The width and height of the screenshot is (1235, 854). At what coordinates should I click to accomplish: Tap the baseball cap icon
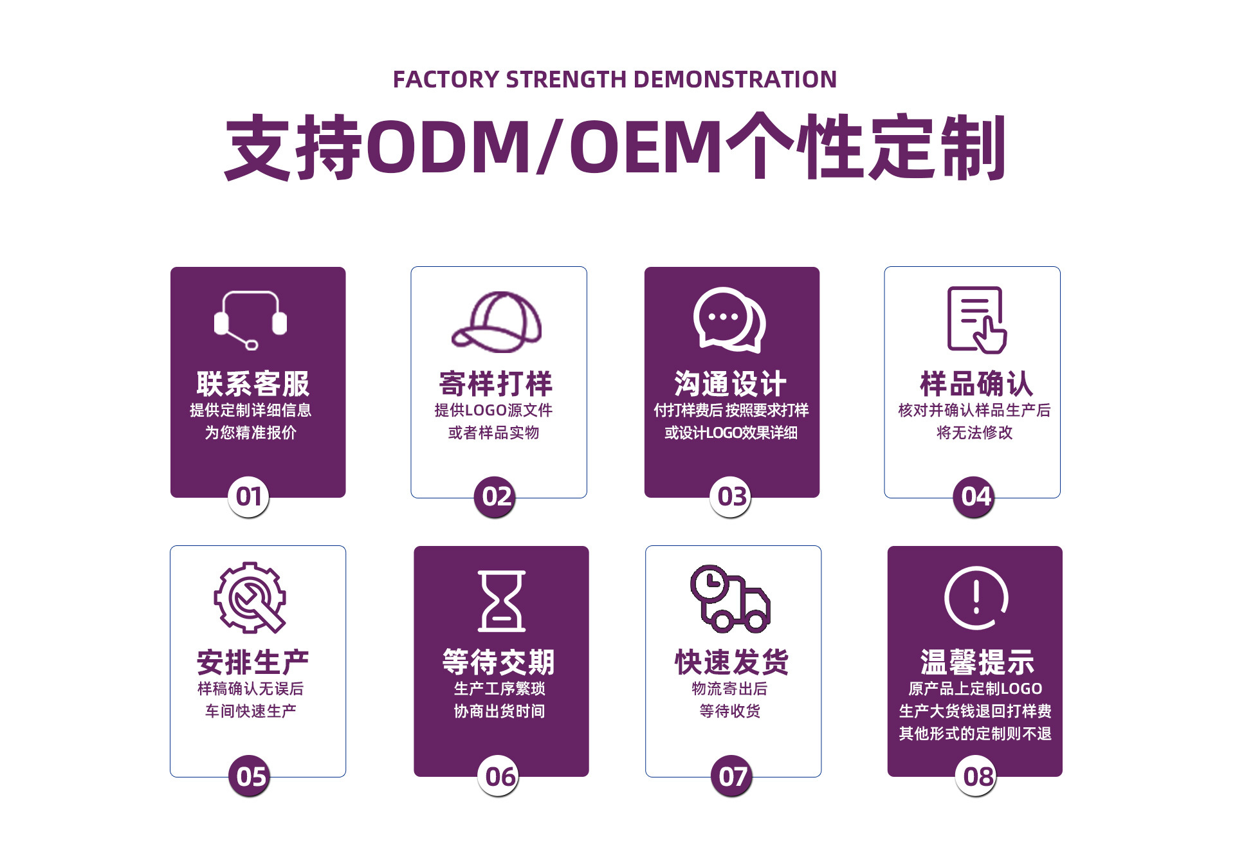pyautogui.click(x=497, y=322)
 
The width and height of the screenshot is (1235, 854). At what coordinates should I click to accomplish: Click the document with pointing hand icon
pyautogui.click(x=976, y=320)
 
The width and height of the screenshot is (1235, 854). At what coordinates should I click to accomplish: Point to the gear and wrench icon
pyautogui.click(x=250, y=598)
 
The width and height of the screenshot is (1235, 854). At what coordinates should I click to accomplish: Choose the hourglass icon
pyautogui.click(x=502, y=601)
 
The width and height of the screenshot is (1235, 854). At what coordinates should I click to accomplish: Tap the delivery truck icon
pyautogui.click(x=730, y=598)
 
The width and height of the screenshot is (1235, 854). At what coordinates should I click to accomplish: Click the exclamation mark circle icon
pyautogui.click(x=976, y=598)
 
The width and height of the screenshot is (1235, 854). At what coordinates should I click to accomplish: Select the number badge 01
pyautogui.click(x=248, y=496)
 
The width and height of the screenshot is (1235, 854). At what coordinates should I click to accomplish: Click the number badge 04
pyautogui.click(x=973, y=496)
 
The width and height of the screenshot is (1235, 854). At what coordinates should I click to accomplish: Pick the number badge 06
pyautogui.click(x=499, y=776)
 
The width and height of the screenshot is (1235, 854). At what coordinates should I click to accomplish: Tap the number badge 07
pyautogui.click(x=731, y=776)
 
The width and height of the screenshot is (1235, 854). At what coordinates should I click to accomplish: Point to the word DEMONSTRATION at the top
pyautogui.click(x=735, y=80)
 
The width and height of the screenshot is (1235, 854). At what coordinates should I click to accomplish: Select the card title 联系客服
pyautogui.click(x=253, y=384)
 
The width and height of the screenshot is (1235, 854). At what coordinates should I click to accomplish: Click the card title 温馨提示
pyautogui.click(x=976, y=662)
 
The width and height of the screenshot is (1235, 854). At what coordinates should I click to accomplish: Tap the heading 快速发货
pyautogui.click(x=731, y=662)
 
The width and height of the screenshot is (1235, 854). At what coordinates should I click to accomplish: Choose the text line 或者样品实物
pyautogui.click(x=494, y=433)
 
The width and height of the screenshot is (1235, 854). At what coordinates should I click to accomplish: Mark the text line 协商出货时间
pyautogui.click(x=499, y=711)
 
